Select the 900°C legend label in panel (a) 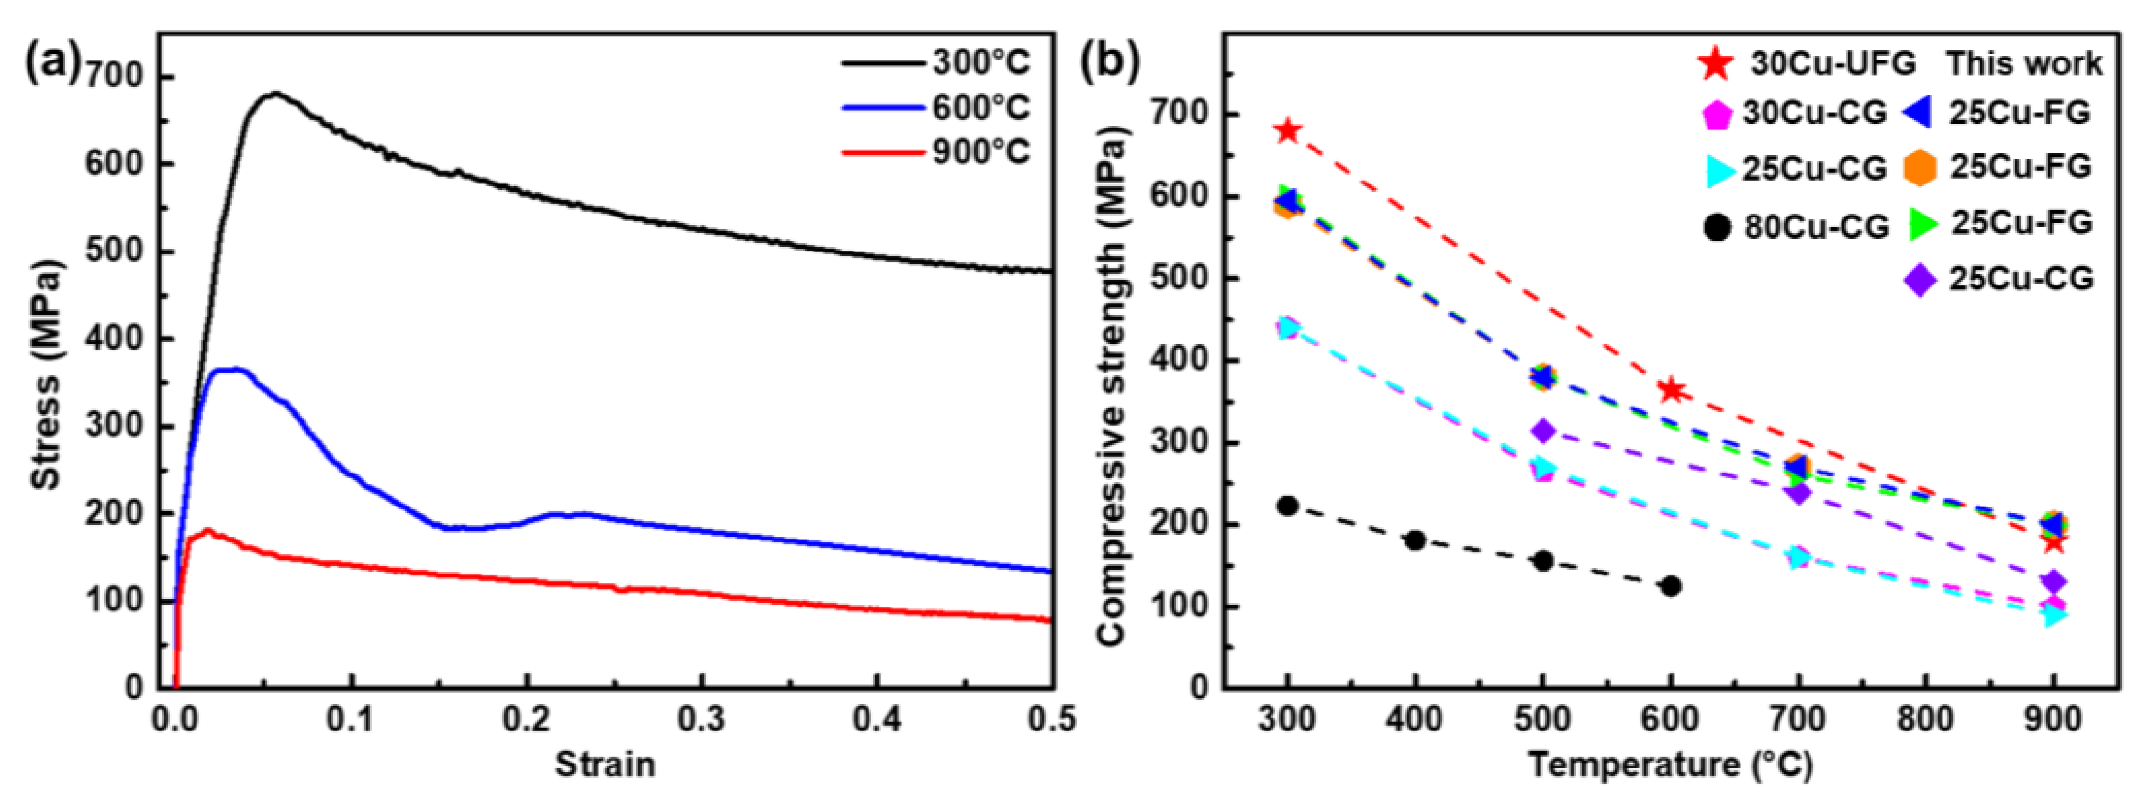[x=981, y=153]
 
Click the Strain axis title [x=605, y=764]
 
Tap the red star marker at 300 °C [x=1288, y=131]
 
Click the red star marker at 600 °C [x=1671, y=390]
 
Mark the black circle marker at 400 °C [x=1415, y=540]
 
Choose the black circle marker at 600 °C [x=1671, y=586]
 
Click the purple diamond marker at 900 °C [x=2054, y=582]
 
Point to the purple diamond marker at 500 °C [x=1543, y=432]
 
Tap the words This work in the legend [x=2024, y=63]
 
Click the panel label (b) [x=1110, y=63]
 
